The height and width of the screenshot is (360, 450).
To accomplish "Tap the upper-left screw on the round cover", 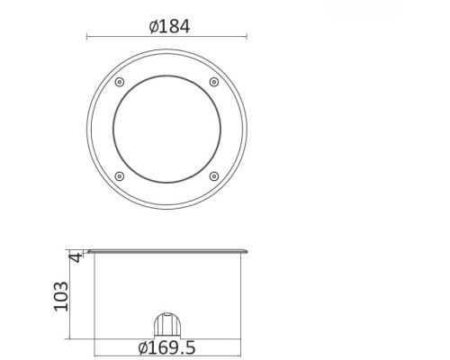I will tap(120, 83).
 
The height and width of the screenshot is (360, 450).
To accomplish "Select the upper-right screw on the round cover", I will tap(213, 83).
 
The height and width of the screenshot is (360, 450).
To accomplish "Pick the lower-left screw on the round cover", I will tap(120, 175).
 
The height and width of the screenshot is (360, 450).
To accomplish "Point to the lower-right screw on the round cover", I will tap(213, 175).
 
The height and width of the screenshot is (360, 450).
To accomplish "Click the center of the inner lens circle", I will tap(166, 130).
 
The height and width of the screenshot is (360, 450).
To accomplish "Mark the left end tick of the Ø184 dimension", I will tap(86, 37).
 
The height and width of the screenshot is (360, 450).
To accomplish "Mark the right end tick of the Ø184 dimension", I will tap(247, 37).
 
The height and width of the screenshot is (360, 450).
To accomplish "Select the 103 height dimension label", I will tap(62, 295).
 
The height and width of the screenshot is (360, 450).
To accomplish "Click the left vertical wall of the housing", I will tap(95, 297).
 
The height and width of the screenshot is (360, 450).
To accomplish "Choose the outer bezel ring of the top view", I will tap(99, 130).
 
